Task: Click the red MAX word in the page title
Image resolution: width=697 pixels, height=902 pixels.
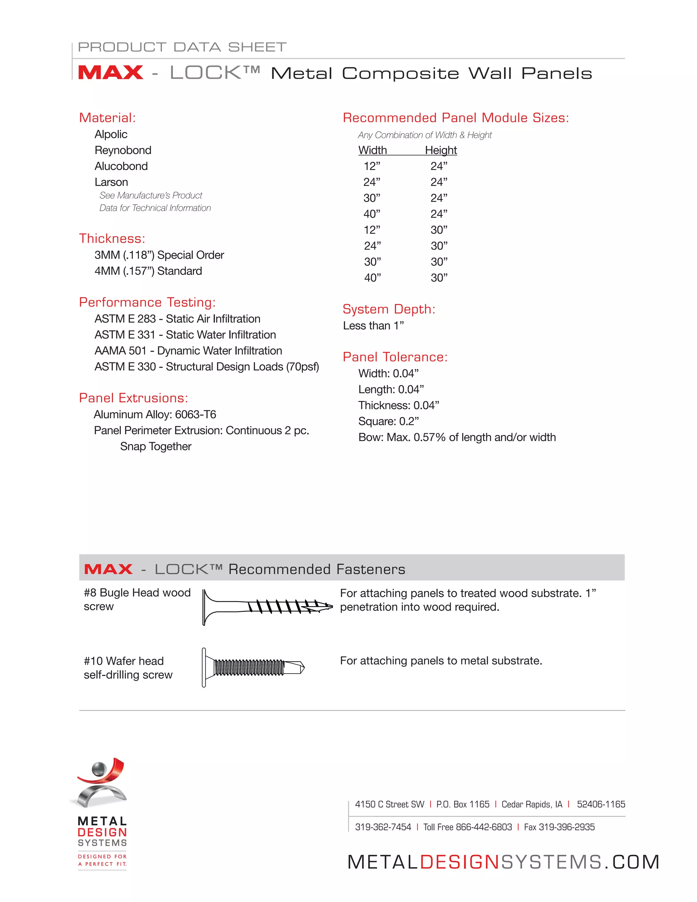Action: (110, 73)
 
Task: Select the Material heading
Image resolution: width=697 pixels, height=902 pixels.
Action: (107, 118)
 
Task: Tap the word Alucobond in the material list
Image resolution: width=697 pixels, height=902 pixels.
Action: (121, 166)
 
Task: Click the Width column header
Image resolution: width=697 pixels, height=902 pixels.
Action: (372, 150)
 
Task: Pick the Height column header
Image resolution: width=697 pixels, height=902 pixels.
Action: (441, 150)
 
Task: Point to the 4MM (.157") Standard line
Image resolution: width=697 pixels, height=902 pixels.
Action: (148, 271)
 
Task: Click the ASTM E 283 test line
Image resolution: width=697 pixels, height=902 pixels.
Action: (177, 319)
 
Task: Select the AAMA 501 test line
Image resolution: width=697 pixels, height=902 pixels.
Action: (188, 351)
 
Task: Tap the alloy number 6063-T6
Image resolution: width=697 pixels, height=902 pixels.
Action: (195, 414)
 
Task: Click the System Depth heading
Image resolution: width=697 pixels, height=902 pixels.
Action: (389, 309)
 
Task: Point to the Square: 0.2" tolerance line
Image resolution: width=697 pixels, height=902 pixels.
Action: (388, 421)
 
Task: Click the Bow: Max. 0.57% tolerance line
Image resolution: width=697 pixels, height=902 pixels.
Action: (457, 437)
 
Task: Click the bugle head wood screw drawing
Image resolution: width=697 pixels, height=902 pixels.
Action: (267, 607)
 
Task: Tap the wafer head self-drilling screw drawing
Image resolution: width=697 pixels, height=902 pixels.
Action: (253, 667)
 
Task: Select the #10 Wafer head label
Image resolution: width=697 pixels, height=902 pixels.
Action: (124, 661)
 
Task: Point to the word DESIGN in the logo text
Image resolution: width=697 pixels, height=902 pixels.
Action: (102, 832)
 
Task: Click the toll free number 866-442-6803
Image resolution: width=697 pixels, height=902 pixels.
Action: (484, 827)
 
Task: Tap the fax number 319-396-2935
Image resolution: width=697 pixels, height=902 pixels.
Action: (567, 827)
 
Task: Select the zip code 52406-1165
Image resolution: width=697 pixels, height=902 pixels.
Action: (601, 805)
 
